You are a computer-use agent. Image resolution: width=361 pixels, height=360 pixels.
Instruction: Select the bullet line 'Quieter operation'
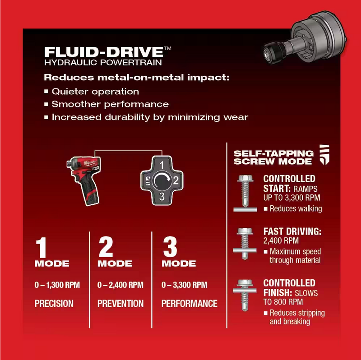95,92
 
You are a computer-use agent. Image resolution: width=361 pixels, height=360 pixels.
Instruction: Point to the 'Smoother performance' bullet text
110,104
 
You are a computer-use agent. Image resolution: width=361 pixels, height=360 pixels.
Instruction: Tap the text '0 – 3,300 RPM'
184,285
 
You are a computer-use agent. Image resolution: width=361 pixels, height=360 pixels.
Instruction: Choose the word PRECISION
54,304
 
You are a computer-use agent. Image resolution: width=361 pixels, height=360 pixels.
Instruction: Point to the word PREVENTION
120,304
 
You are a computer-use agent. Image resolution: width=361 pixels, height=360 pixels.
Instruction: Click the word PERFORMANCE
190,304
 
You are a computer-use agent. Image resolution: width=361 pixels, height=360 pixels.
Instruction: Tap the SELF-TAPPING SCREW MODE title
273,157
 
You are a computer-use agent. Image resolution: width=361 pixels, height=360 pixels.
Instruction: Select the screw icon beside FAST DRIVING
245,243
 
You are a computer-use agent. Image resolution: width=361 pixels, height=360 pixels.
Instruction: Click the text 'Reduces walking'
296,208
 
